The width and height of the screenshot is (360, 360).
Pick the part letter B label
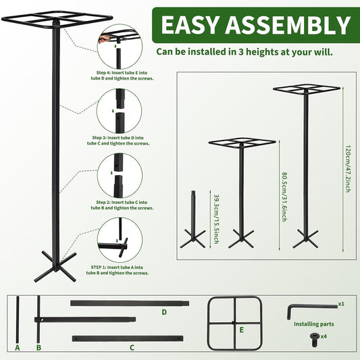pos(38,348)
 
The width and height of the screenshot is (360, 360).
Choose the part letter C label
pos(132,348)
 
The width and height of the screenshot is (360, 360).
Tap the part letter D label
pos(163,312)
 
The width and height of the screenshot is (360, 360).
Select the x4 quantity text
pos(324,336)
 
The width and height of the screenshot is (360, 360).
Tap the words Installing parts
pos(314,324)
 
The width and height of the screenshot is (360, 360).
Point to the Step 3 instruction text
pos(119,140)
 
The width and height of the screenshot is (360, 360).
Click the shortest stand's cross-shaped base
pos(192,237)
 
